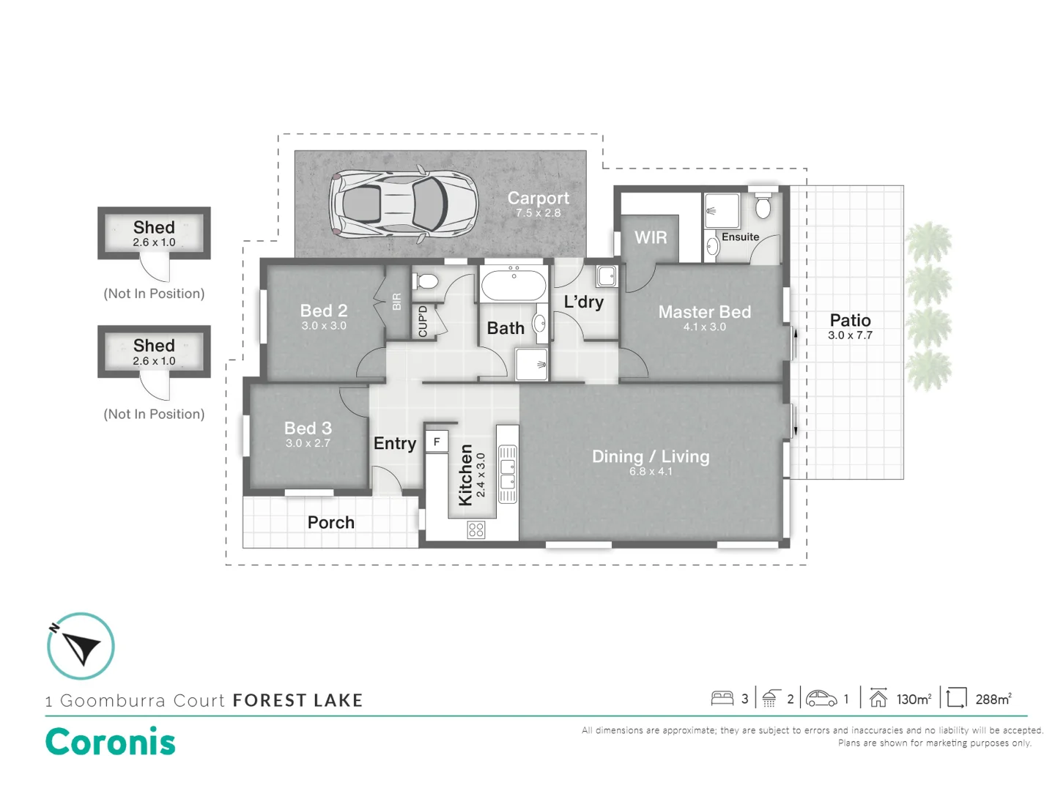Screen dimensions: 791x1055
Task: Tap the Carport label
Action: click(538, 198)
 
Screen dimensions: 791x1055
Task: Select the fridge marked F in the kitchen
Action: click(437, 442)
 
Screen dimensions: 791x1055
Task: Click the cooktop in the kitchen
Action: click(476, 530)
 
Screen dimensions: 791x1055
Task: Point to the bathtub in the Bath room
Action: click(514, 284)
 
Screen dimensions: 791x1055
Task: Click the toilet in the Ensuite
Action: click(763, 207)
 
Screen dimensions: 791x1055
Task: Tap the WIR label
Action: click(651, 237)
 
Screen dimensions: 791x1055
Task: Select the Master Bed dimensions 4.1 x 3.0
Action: click(704, 327)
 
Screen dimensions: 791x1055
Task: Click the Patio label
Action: click(850, 320)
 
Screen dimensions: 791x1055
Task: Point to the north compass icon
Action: click(81, 646)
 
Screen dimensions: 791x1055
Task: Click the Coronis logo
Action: click(111, 741)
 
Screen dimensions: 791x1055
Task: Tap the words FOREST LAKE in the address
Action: click(297, 700)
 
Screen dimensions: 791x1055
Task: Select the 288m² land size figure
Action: click(993, 699)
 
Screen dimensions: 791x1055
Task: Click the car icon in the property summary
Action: click(821, 699)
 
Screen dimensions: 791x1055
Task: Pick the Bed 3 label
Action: click(308, 428)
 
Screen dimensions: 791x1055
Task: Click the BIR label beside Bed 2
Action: click(396, 301)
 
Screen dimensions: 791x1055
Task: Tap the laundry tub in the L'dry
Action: click(607, 276)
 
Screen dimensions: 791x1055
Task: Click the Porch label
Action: click(330, 522)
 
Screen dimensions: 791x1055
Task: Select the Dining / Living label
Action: click(651, 456)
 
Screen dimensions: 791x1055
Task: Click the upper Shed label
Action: click(154, 227)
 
